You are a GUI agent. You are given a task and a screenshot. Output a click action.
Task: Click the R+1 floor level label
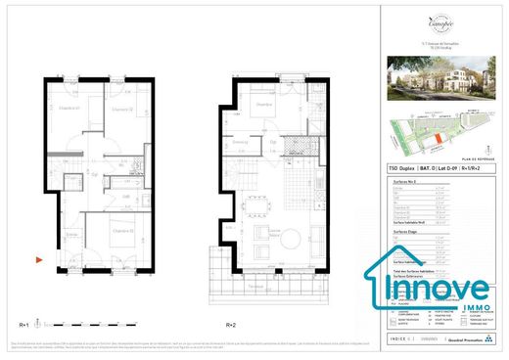[x=24, y=324]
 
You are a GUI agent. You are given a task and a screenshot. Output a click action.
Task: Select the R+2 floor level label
[x=231, y=324]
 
